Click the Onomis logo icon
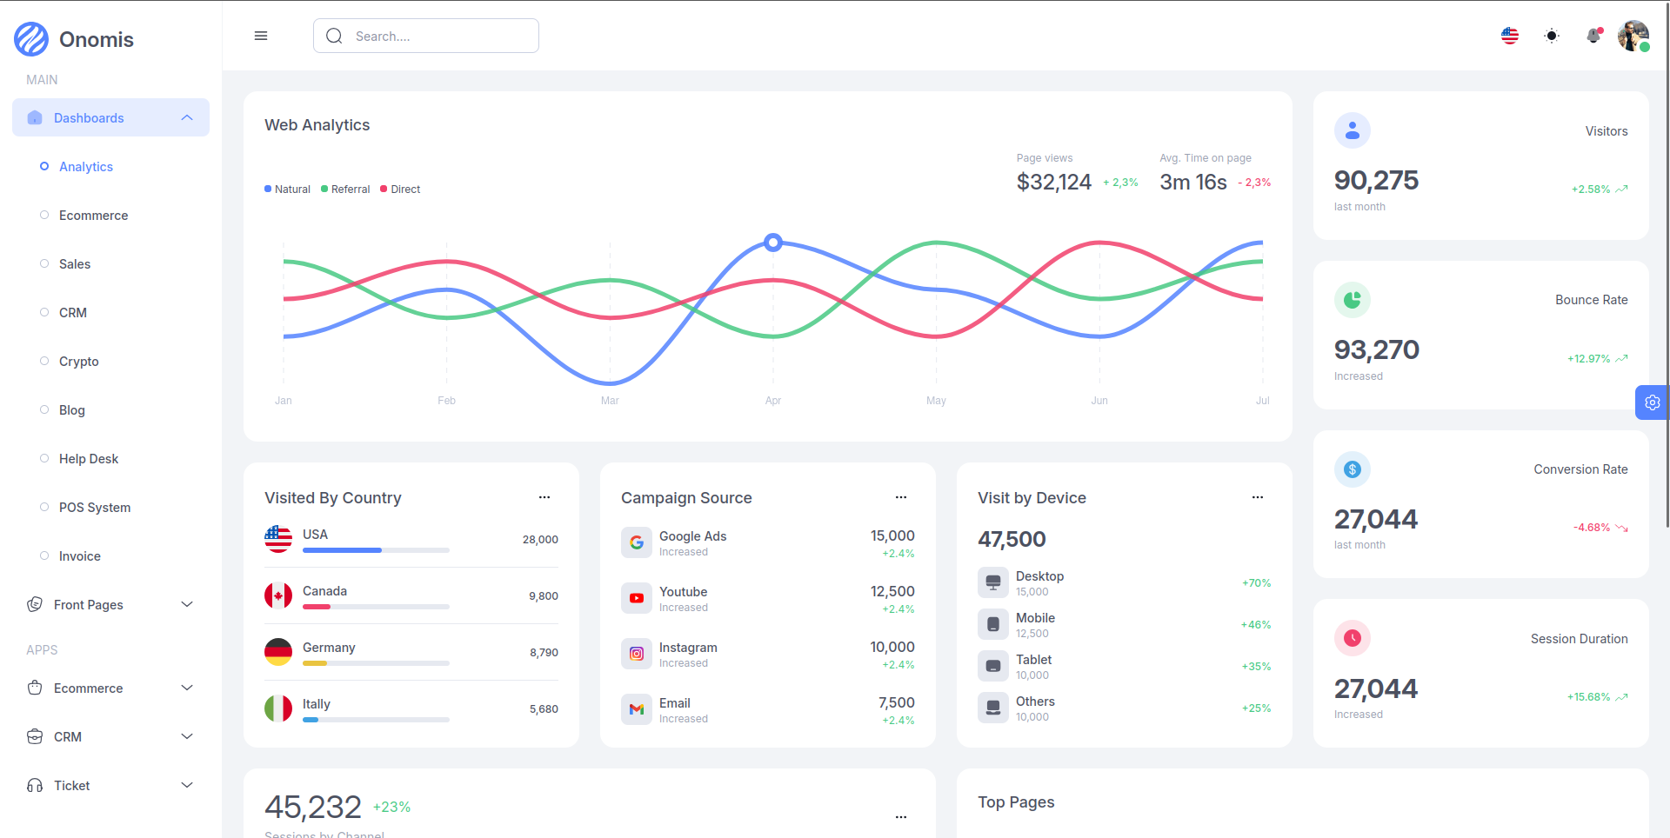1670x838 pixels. tap(31, 39)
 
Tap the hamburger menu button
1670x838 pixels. tap(261, 36)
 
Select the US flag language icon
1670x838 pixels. tap(1510, 36)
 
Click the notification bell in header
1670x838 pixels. tap(1593, 36)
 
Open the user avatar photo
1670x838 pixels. tap(1633, 36)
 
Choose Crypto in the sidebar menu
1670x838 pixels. tap(78, 362)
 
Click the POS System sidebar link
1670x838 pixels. tap(94, 508)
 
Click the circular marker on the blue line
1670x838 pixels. tap(773, 243)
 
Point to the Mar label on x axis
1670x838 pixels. tap(610, 401)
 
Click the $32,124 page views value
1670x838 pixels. tap(1053, 183)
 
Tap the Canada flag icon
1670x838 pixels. tap(278, 595)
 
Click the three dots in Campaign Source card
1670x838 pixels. tap(901, 497)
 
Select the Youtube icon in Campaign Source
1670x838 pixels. tap(637, 598)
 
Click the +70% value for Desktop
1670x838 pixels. tap(1256, 583)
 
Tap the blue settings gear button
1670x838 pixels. tap(1652, 402)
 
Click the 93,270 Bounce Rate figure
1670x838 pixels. tap(1376, 349)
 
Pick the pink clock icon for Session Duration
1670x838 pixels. tap(1353, 638)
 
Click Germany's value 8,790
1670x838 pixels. tap(544, 653)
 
